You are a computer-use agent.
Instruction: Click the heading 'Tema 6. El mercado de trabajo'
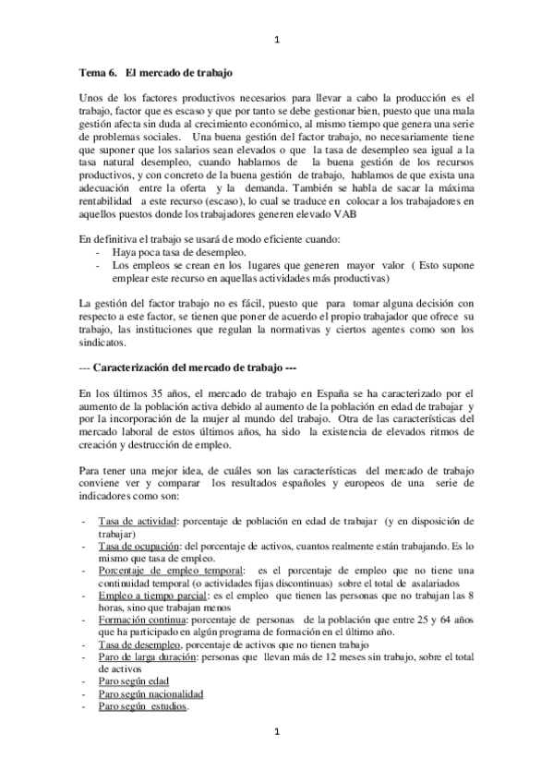[x=156, y=70]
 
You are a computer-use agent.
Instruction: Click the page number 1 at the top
[x=277, y=40]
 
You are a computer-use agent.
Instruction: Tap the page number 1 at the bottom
[x=277, y=732]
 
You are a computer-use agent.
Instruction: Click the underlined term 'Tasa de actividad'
[x=138, y=523]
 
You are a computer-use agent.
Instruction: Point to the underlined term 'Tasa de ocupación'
[x=140, y=547]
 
